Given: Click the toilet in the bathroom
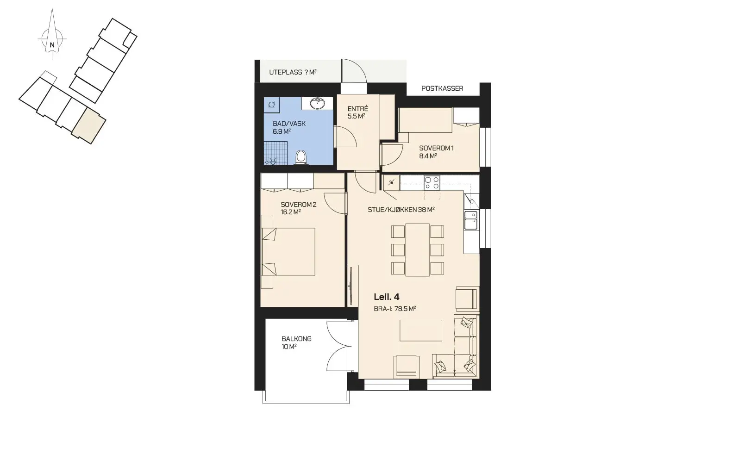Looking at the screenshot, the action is pyautogui.click(x=301, y=157).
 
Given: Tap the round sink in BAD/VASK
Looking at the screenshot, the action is pyautogui.click(x=318, y=103).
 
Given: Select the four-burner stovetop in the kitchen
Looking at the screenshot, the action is pyautogui.click(x=432, y=183).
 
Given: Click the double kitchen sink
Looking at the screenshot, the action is pyautogui.click(x=470, y=220).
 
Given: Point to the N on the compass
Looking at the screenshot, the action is pyautogui.click(x=52, y=45).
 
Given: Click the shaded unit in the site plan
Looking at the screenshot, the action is pyautogui.click(x=89, y=126).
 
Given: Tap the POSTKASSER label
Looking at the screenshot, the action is pyautogui.click(x=442, y=88).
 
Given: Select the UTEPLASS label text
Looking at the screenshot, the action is pyautogui.click(x=286, y=72).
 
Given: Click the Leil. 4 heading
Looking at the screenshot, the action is pyautogui.click(x=387, y=297).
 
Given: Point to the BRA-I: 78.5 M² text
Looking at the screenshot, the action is pyautogui.click(x=395, y=309).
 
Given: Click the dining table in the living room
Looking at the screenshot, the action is pyautogui.click(x=417, y=249).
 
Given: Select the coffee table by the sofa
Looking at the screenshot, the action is pyautogui.click(x=421, y=330).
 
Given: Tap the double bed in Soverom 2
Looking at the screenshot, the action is pyautogui.click(x=288, y=252).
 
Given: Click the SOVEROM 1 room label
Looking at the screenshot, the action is pyautogui.click(x=436, y=148).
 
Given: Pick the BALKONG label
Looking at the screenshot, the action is pyautogui.click(x=296, y=339).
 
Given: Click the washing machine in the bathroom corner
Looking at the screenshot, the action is pyautogui.click(x=271, y=105).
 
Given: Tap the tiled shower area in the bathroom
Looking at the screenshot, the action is pyautogui.click(x=275, y=153).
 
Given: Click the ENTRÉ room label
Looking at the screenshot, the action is pyautogui.click(x=358, y=109).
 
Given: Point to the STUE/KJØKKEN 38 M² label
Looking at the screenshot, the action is pyautogui.click(x=401, y=210).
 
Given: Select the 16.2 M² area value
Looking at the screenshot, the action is pyautogui.click(x=291, y=212).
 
